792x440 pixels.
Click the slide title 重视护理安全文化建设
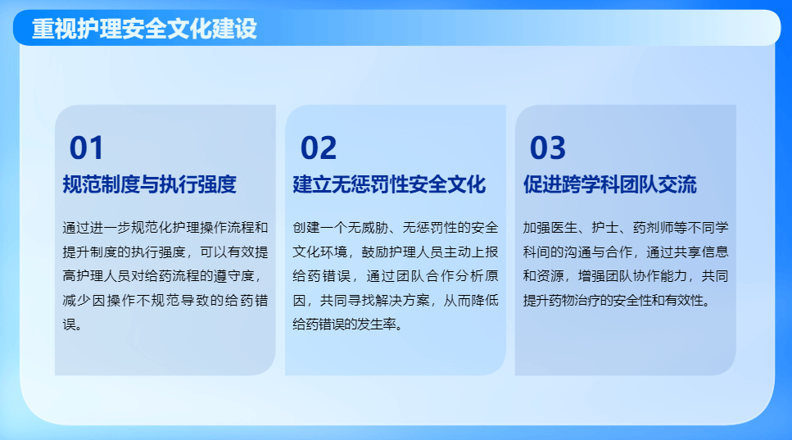[144, 29]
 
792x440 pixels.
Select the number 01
[87, 148]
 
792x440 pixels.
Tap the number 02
[319, 148]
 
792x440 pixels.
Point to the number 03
[548, 148]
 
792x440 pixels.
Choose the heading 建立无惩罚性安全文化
[389, 184]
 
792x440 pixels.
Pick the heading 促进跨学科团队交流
[610, 184]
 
